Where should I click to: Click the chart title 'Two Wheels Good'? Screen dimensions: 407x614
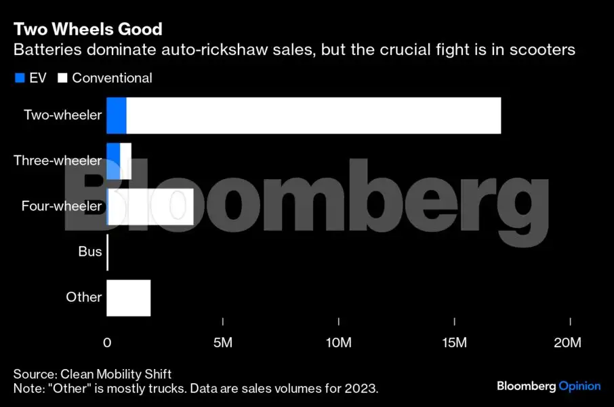tap(87, 29)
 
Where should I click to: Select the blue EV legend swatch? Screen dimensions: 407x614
tap(19, 78)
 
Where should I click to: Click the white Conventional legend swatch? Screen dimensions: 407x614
tap(62, 78)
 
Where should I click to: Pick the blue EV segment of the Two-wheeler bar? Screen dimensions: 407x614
tap(117, 115)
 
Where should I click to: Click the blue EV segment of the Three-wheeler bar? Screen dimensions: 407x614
tap(113, 161)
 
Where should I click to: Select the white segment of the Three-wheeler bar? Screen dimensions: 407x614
tap(125, 161)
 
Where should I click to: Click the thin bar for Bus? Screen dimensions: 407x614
tap(108, 252)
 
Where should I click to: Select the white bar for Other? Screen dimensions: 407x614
tap(128, 297)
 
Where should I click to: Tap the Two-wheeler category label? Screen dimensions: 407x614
tap(62, 115)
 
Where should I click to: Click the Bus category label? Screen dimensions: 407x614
tap(89, 252)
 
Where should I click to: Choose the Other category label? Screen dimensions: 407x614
tap(83, 297)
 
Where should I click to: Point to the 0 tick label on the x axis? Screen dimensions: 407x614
tap(107, 343)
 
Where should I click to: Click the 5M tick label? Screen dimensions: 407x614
tap(223, 343)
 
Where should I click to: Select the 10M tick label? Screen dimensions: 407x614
tap(338, 343)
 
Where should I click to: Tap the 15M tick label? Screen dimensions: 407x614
tap(454, 343)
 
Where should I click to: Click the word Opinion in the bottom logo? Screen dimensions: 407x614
tap(579, 386)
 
